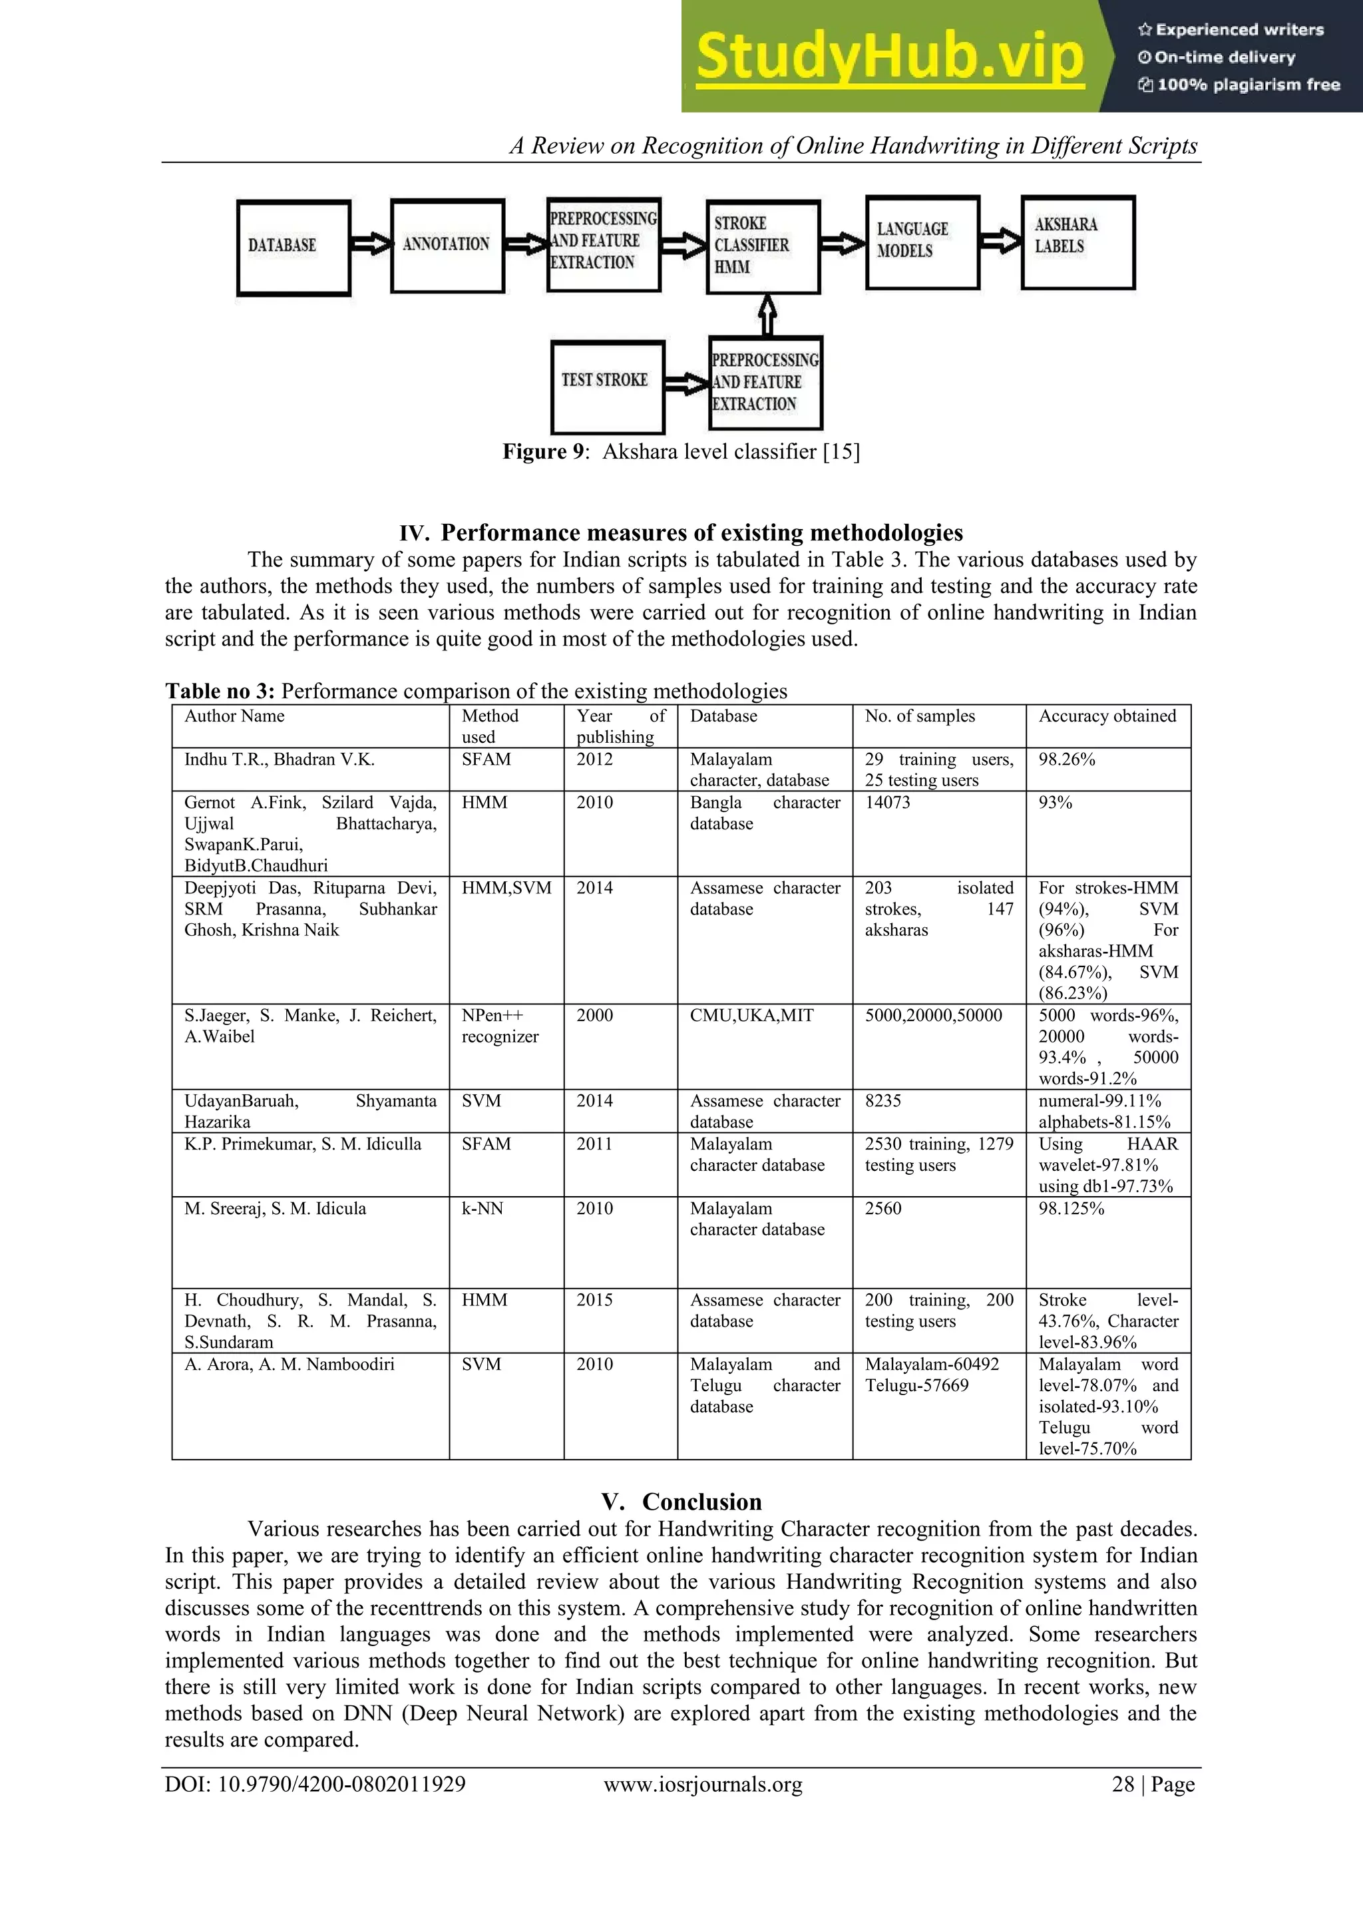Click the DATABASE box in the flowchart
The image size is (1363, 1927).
coord(293,248)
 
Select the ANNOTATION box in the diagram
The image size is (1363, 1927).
coord(447,245)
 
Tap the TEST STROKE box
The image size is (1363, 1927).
coord(607,385)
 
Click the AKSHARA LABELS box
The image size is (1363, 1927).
coord(1077,242)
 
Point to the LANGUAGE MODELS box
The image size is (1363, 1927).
coord(922,242)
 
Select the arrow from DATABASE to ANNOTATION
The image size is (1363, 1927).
coord(371,244)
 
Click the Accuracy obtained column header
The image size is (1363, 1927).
coord(1107,716)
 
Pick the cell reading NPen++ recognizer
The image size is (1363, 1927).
coord(500,1026)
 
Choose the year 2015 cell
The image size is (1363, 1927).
coord(594,1300)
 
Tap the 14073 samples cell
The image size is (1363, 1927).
coord(887,802)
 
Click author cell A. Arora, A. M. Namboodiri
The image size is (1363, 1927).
coord(289,1365)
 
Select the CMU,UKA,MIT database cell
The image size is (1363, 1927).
coord(751,1016)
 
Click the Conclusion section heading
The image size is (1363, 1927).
coord(681,1502)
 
